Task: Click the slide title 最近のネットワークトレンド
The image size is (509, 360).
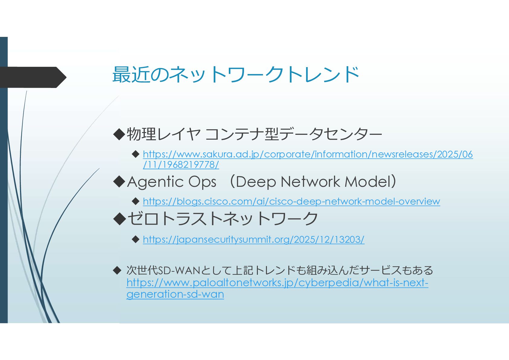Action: [236, 75]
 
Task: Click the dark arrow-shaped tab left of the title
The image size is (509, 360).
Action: [33, 77]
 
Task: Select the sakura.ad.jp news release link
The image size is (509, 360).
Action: [308, 159]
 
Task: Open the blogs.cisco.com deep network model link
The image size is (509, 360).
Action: [292, 202]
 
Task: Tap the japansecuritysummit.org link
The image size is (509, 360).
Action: [254, 240]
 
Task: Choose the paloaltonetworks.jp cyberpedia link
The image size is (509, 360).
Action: [277, 288]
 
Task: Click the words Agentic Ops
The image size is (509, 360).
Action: [172, 182]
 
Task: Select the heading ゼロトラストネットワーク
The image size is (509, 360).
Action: [222, 218]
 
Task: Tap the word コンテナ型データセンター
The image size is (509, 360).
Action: [293, 134]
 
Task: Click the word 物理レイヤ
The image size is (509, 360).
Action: [164, 134]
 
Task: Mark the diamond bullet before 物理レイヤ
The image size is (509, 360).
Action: [119, 134]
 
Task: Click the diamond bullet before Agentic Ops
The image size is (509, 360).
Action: [119, 182]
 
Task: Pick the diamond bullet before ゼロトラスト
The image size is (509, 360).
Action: [119, 219]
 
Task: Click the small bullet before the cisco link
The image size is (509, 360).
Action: [136, 201]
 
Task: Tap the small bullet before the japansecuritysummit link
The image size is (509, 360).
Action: [136, 239]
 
